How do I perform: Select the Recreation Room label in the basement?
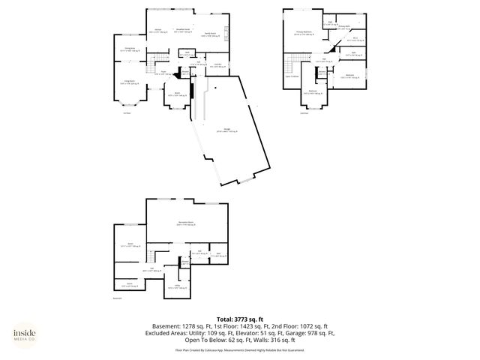[187, 223]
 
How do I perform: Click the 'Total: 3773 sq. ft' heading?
[239, 319]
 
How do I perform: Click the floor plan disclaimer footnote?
[239, 349]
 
